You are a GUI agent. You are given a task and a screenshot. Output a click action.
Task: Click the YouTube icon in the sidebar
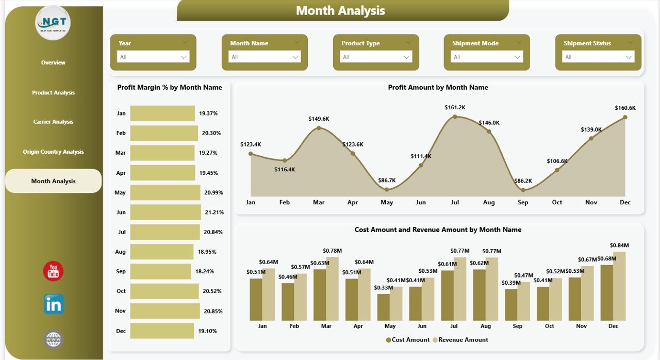click(53, 271)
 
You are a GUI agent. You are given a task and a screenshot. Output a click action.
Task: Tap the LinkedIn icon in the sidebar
click(54, 304)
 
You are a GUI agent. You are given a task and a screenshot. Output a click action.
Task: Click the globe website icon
click(54, 339)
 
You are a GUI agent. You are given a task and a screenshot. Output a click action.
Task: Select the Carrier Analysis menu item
click(53, 122)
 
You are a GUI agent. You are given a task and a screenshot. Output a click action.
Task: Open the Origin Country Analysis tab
click(53, 152)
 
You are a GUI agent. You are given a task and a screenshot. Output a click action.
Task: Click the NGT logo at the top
click(53, 23)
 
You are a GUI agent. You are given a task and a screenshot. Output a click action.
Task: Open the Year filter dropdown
click(153, 57)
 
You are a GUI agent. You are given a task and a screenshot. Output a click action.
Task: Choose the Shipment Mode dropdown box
click(486, 57)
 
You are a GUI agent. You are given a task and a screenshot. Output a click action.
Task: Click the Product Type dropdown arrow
click(406, 57)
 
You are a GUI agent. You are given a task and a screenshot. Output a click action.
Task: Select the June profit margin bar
click(165, 212)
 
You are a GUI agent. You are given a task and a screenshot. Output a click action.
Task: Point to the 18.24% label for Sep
click(205, 271)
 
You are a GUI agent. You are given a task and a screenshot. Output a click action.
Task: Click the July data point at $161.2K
click(455, 117)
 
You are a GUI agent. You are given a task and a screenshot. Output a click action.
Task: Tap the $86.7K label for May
click(387, 180)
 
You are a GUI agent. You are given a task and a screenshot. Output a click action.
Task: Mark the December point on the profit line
click(625, 117)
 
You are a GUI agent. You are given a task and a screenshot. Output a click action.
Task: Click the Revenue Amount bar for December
click(619, 286)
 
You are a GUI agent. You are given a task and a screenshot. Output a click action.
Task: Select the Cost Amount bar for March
click(320, 294)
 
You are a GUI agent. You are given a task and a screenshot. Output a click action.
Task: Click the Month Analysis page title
click(340, 10)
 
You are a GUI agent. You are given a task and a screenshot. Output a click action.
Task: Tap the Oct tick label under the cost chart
click(550, 326)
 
